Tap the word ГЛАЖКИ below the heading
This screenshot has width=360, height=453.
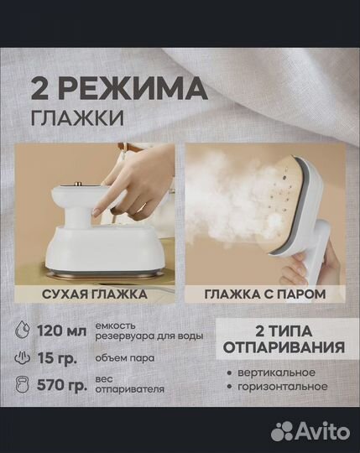click(79, 118)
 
